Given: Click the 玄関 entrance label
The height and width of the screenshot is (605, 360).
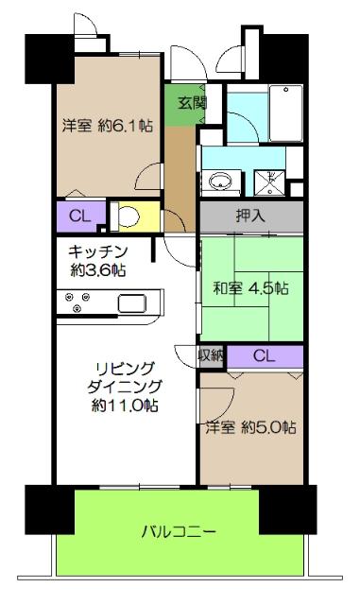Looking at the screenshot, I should [181, 104].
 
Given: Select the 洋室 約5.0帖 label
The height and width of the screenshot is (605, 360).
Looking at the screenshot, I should [251, 427].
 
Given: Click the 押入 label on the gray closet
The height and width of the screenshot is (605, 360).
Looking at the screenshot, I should [250, 216].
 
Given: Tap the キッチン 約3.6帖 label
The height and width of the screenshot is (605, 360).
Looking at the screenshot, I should [97, 260].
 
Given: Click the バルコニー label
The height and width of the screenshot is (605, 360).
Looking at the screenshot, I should [179, 531].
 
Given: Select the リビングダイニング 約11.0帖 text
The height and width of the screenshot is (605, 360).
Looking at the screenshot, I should [125, 386].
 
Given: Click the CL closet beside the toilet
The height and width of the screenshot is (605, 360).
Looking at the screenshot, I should [80, 216].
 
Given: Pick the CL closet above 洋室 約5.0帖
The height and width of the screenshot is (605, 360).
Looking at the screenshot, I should [265, 356].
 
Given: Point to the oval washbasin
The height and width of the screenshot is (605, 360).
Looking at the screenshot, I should [224, 181].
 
